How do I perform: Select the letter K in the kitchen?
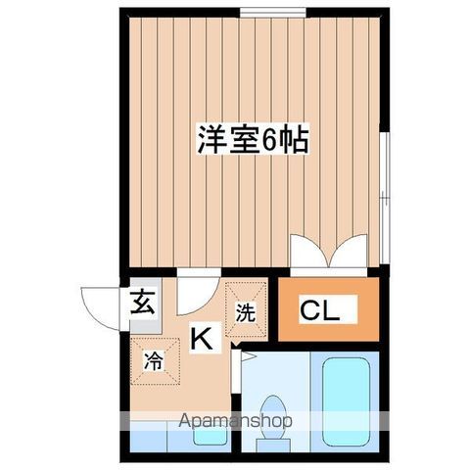click(202, 339)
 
